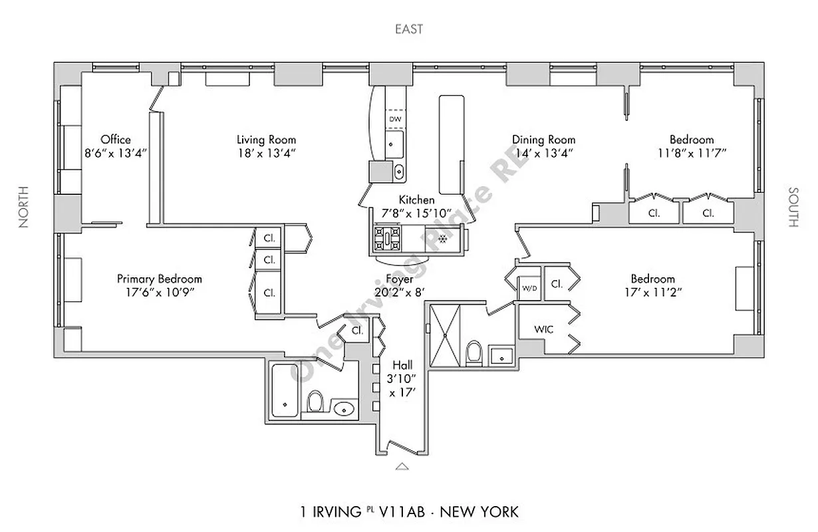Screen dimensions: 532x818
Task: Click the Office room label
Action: point(116,140)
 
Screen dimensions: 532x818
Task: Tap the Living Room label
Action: point(266,140)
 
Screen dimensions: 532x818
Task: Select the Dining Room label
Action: point(543,140)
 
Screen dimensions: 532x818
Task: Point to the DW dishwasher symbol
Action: point(395,118)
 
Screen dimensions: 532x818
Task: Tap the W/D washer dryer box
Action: point(529,288)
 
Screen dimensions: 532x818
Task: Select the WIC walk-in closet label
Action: point(544,329)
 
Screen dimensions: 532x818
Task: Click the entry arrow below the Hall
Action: point(402,466)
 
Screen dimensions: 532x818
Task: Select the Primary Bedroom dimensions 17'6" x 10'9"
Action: point(159,292)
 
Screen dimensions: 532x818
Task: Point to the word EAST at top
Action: point(409,29)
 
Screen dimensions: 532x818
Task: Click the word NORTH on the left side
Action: point(25,207)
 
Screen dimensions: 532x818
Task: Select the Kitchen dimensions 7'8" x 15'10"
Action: point(416,213)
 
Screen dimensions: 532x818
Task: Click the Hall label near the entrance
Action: point(402,365)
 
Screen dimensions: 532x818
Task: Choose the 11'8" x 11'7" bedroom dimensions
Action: point(692,152)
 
